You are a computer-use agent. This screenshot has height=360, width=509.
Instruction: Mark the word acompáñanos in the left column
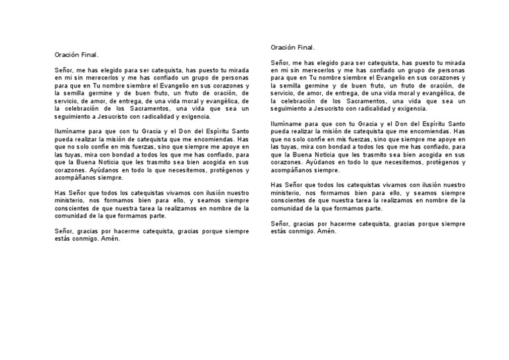[x=75, y=178]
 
